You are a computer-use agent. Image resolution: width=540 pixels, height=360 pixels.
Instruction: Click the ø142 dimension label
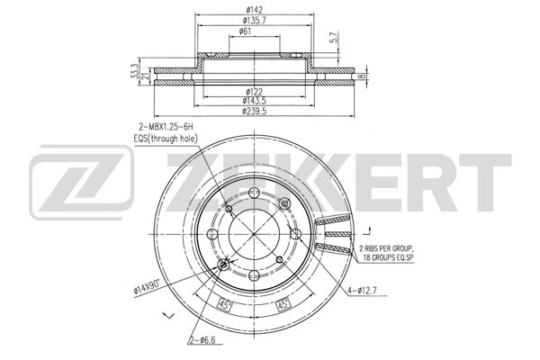point(255,10)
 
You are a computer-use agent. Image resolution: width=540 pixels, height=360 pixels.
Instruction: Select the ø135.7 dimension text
point(254,21)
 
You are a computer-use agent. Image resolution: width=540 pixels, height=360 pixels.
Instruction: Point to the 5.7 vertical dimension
point(333,37)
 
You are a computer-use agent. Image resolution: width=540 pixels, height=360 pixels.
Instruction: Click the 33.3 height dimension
point(135,72)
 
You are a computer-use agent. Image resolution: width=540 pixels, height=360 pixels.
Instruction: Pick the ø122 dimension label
point(254,92)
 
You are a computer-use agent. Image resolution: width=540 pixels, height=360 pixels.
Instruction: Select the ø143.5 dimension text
point(254,101)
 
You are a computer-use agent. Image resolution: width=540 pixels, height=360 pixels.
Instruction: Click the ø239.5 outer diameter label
point(254,111)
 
